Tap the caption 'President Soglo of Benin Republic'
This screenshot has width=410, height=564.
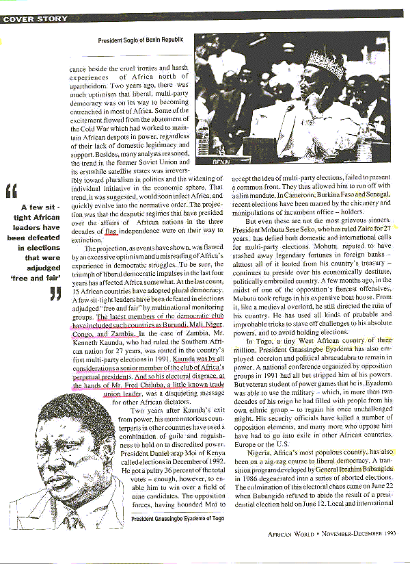[x=140, y=40]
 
